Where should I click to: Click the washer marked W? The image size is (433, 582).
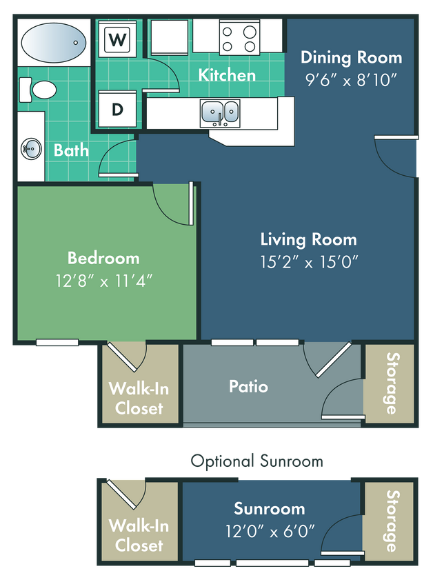(118, 40)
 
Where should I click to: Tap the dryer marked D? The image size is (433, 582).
(118, 110)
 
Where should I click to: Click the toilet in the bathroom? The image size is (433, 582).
(39, 90)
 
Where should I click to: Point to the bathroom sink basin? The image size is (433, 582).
(31, 147)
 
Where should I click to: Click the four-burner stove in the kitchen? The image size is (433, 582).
(239, 37)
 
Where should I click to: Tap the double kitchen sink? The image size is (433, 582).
(220, 111)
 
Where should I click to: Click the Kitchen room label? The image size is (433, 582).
(227, 74)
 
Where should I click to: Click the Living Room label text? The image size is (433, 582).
(308, 239)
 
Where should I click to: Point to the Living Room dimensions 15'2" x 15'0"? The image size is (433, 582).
(308, 261)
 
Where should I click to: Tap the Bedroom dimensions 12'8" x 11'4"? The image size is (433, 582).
(103, 280)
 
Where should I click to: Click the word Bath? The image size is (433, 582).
(71, 150)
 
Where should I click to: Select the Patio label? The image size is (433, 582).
(248, 386)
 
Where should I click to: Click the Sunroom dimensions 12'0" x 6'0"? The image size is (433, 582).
(269, 531)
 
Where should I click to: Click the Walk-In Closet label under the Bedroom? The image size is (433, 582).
(139, 398)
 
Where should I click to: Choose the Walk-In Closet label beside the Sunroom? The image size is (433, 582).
(139, 535)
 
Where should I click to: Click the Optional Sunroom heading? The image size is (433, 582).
(256, 461)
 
